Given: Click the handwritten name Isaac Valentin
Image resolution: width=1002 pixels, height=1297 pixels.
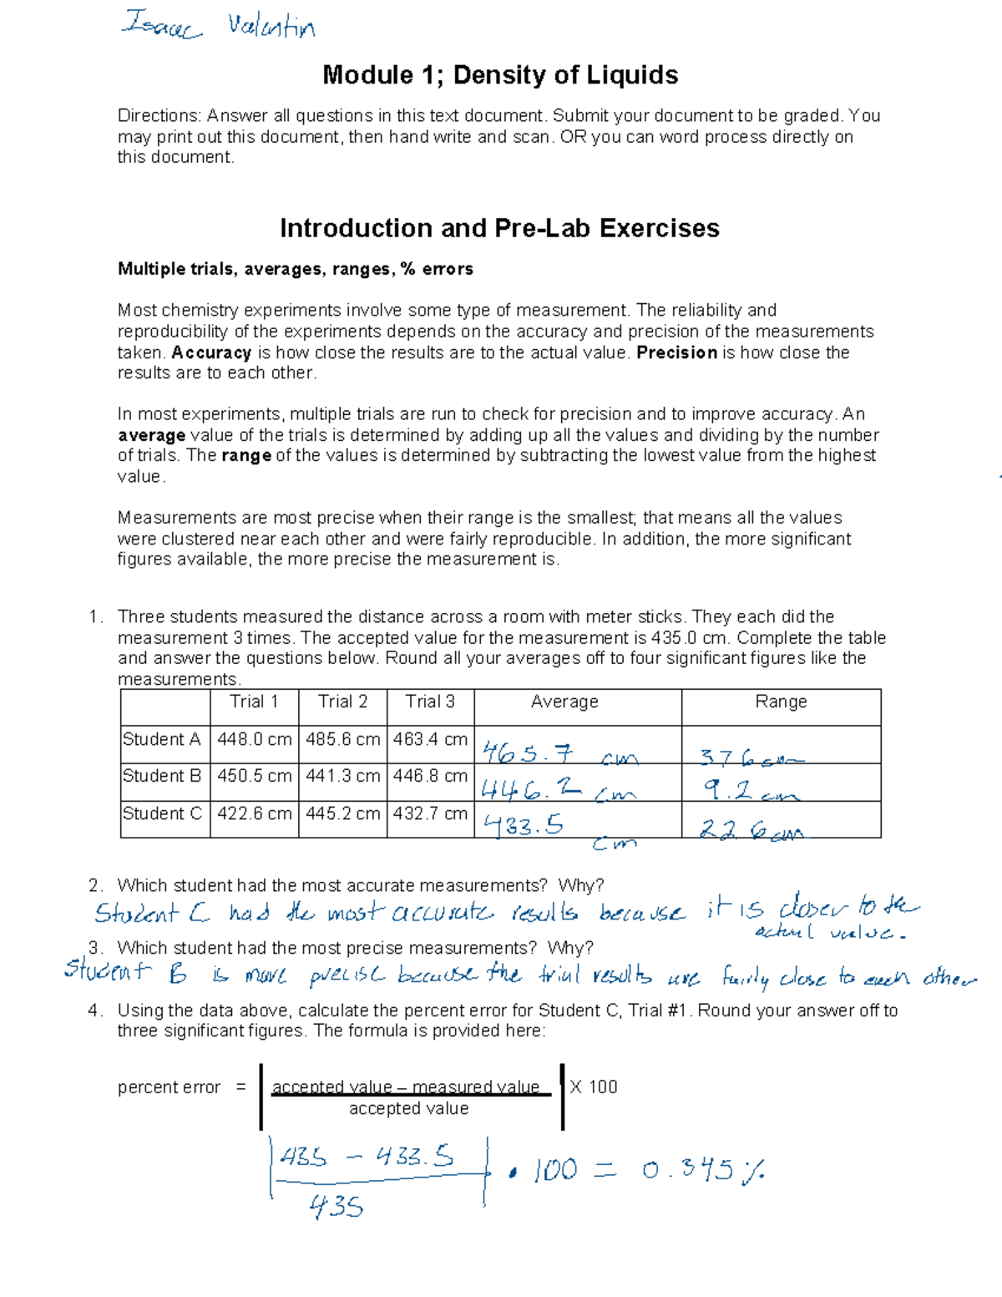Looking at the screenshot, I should pyautogui.click(x=219, y=26).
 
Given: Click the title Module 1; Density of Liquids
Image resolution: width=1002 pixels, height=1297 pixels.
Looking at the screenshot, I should pyautogui.click(x=500, y=75).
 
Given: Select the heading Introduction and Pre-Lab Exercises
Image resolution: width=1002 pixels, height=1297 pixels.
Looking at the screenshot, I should pyautogui.click(x=499, y=228).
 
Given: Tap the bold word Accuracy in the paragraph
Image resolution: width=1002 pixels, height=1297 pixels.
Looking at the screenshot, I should pyautogui.click(x=211, y=352).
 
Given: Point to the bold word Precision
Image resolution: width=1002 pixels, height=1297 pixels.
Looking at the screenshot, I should pyautogui.click(x=676, y=352).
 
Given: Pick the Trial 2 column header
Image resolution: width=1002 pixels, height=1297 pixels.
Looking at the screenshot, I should pyautogui.click(x=342, y=702).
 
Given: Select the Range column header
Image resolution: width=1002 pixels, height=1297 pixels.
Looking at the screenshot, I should pyautogui.click(x=781, y=702).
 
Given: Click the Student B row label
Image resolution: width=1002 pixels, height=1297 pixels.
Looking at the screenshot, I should pyautogui.click(x=162, y=776).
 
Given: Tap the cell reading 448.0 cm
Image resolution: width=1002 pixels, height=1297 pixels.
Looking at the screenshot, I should pyautogui.click(x=255, y=740).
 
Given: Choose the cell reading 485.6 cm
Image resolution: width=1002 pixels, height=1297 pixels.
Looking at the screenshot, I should pyautogui.click(x=342, y=740).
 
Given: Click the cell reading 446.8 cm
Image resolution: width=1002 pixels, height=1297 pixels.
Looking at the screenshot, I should pyautogui.click(x=430, y=776).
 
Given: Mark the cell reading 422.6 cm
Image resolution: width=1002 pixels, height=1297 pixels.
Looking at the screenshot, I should pyautogui.click(x=255, y=813).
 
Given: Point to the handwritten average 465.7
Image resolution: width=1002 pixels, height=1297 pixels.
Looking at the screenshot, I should pyautogui.click(x=528, y=754).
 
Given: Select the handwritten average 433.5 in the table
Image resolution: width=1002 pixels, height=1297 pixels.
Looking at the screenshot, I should pyautogui.click(x=524, y=826).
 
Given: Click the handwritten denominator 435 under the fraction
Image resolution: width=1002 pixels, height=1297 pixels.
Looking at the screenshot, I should pyautogui.click(x=337, y=1206).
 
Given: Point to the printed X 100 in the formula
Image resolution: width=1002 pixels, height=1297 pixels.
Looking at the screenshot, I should pyautogui.click(x=594, y=1087).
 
